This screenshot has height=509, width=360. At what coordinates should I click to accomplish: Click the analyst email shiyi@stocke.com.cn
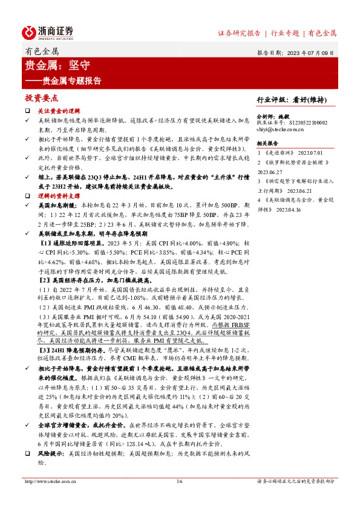click(282, 129)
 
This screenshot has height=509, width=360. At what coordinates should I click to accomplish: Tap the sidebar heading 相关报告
click(267, 144)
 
